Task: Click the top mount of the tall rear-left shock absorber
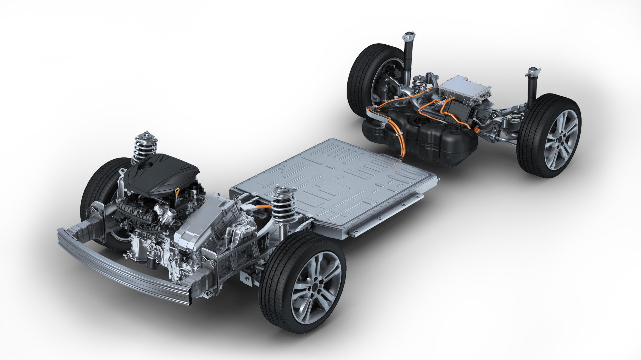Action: [x=409, y=36]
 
